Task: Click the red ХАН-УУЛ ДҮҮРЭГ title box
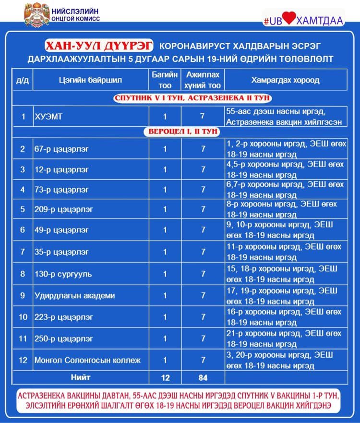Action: tap(99, 46)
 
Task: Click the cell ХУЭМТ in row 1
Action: tap(48, 117)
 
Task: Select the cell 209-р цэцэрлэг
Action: tap(63, 209)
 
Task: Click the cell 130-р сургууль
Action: tap(63, 274)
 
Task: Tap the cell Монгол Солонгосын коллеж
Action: tap(87, 360)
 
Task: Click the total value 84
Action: tap(203, 378)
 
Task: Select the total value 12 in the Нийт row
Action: tap(165, 378)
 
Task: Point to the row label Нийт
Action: tap(80, 377)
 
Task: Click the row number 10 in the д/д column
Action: tap(23, 317)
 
